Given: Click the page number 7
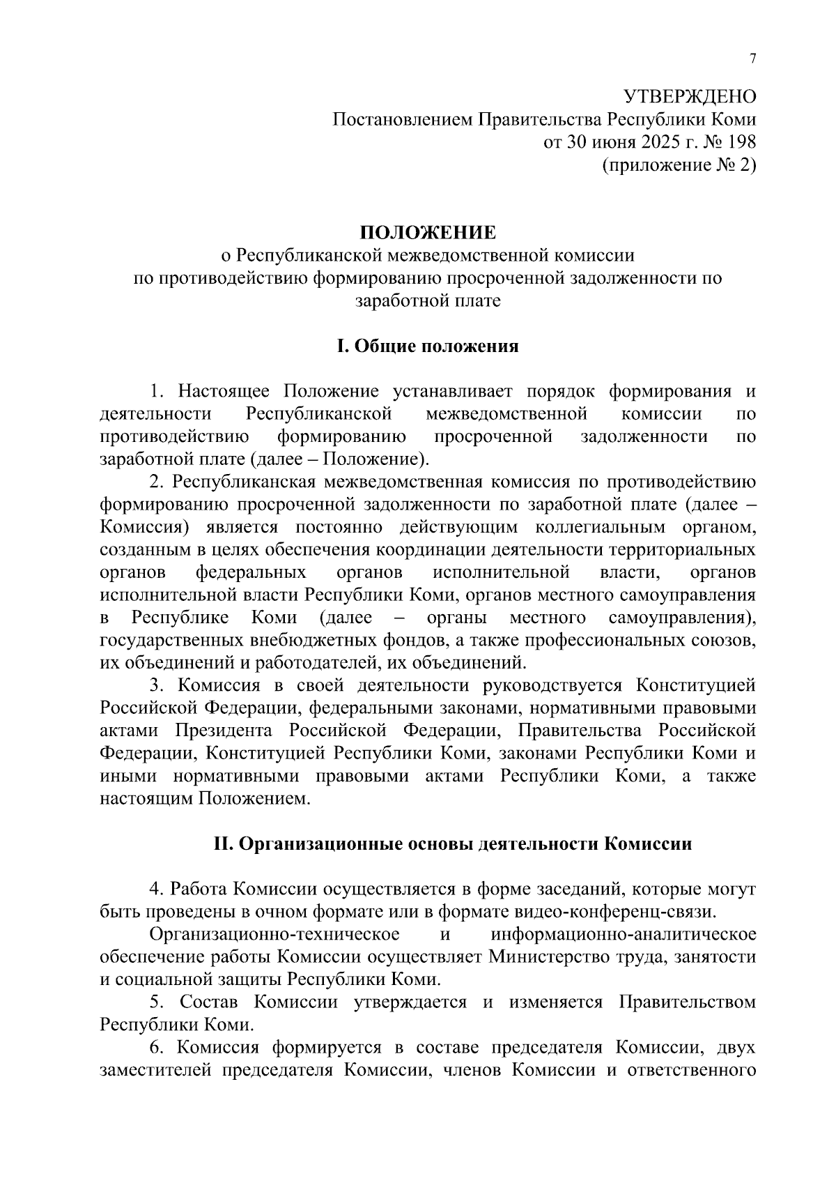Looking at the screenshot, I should click(x=752, y=59).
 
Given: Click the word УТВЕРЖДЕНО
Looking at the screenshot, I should click(x=688, y=96).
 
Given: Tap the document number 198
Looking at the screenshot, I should click(x=741, y=142).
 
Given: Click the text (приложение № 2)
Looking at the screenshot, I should click(x=679, y=165).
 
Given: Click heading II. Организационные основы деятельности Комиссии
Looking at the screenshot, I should click(x=452, y=844).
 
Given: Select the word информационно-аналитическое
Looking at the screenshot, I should click(x=623, y=935).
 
